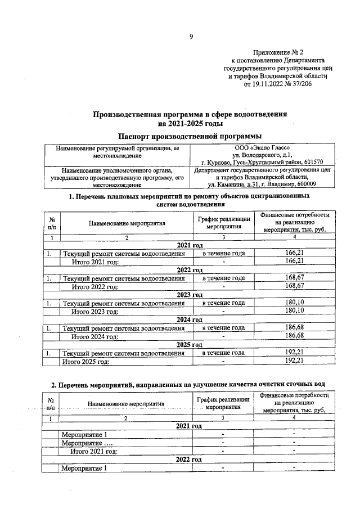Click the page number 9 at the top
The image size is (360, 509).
pyautogui.click(x=191, y=37)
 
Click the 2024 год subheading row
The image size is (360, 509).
pyautogui.click(x=189, y=319)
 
